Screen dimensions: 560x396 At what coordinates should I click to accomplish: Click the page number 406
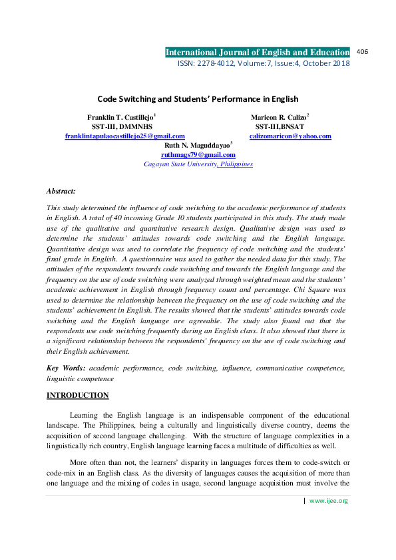(363, 51)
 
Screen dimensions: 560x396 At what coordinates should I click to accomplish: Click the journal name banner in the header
(257, 53)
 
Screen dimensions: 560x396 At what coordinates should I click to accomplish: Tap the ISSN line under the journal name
(263, 63)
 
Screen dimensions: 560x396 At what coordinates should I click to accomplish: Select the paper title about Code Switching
(198, 99)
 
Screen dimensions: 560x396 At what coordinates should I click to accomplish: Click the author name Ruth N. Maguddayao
(198, 145)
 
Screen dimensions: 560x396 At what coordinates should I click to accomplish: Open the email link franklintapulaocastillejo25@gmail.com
(124, 136)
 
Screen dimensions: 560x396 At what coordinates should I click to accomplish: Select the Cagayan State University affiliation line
(198, 164)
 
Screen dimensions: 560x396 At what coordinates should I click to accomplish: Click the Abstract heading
(61, 190)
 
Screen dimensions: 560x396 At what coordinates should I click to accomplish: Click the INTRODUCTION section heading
(77, 396)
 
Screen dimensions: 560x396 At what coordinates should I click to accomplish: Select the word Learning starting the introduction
(84, 415)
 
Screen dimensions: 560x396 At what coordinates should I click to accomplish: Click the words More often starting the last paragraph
(87, 462)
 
